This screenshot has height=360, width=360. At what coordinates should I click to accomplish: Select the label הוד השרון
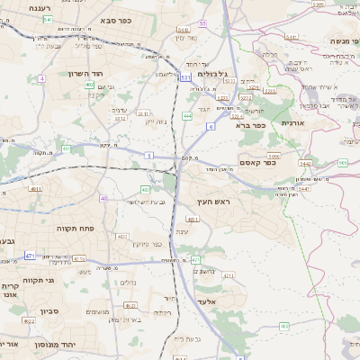[x=86, y=74]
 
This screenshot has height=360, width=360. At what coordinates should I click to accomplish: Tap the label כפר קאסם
[x=256, y=162]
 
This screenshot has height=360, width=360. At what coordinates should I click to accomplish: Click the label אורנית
[x=293, y=122]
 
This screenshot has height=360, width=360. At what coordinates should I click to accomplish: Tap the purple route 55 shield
[x=202, y=23]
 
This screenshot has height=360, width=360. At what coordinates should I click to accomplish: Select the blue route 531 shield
[x=184, y=77]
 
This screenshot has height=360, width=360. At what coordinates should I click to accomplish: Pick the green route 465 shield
[x=284, y=325]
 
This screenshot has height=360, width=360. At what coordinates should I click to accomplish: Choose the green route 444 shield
[x=187, y=116]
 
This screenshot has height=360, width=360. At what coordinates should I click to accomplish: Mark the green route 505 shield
[x=343, y=162]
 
